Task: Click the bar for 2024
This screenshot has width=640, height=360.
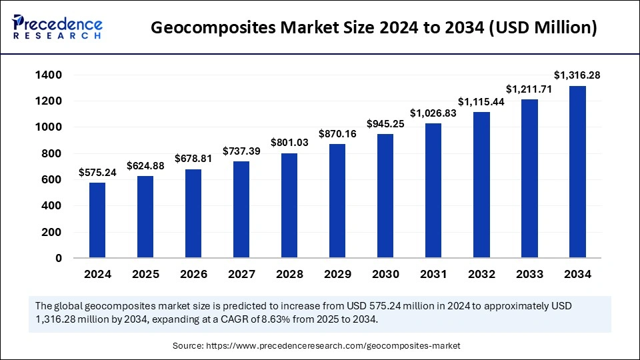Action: click(x=97, y=220)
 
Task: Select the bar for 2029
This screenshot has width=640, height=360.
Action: click(x=337, y=201)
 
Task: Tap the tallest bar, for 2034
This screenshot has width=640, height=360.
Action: click(x=577, y=172)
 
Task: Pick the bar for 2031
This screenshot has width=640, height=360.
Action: click(x=433, y=191)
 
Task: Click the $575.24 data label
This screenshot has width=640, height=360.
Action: click(x=97, y=172)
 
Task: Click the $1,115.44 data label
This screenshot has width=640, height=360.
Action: click(x=481, y=101)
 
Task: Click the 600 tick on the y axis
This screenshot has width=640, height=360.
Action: click(x=52, y=179)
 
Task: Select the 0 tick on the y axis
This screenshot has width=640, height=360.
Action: click(x=59, y=258)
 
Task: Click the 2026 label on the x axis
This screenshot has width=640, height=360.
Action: click(x=193, y=274)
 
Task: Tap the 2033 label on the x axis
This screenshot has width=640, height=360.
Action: click(x=529, y=274)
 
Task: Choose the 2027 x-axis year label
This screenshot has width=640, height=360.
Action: click(x=241, y=274)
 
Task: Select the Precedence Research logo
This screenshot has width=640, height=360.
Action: click(x=57, y=26)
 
